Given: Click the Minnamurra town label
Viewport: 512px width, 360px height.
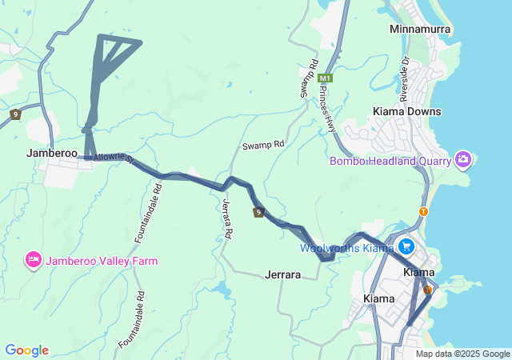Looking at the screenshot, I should tap(420, 30).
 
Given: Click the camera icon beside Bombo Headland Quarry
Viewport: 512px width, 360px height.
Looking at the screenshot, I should tap(462, 161).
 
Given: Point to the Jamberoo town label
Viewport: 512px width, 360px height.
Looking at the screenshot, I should tap(51, 153).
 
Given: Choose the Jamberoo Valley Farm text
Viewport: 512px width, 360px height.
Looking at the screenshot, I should tap(101, 261).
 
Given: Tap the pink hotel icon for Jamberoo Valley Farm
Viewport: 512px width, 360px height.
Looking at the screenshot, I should tap(34, 260).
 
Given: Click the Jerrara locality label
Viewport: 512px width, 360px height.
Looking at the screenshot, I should tap(282, 275).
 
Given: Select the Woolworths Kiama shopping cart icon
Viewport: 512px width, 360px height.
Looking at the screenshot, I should tap(406, 246).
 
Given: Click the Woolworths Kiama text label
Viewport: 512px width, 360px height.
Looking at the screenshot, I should tap(346, 248).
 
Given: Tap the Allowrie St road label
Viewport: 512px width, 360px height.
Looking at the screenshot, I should tap(110, 159).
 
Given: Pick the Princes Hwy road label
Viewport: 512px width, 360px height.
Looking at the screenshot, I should tap(329, 109).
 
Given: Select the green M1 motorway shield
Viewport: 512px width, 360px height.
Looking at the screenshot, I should tap(325, 78).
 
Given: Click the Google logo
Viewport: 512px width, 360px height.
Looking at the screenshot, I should tap(26, 350).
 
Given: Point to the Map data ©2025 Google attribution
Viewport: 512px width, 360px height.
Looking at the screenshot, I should tap(462, 354).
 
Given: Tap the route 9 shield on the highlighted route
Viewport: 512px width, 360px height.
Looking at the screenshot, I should tap(258, 212).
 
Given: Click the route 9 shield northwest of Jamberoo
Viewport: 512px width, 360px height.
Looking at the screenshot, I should tap(15, 115).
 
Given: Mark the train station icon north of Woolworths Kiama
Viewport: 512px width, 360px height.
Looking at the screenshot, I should tap(423, 212).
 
